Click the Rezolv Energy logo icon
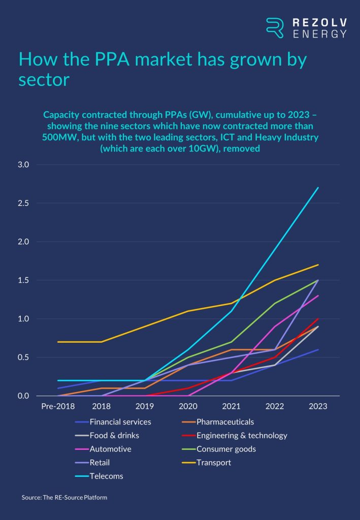(275, 27)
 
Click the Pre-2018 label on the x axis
(57, 407)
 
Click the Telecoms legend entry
(107, 476)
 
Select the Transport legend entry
(214, 463)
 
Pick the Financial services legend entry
(120, 421)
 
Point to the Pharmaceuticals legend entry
(225, 421)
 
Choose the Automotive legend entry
(111, 449)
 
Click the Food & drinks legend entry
(114, 435)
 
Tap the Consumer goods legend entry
(226, 449)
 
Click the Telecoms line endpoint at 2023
(318, 188)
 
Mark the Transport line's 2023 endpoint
(318, 265)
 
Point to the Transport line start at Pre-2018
(58, 342)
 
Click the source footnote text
(64, 498)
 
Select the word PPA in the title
(92, 60)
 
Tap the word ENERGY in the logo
(320, 34)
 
